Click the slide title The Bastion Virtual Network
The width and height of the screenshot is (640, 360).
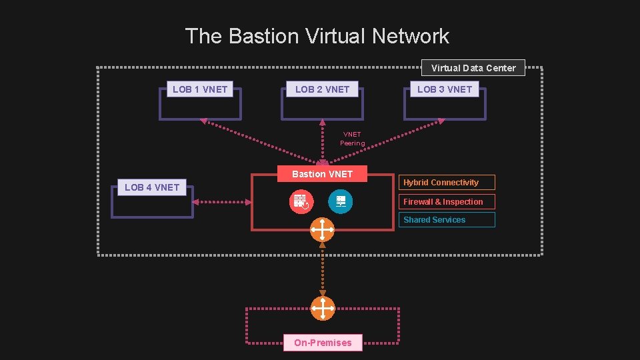click(x=317, y=36)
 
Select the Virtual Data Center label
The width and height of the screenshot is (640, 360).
click(x=473, y=68)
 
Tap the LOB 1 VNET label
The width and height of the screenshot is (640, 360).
click(x=200, y=89)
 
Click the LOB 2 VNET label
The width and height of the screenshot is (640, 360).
click(x=322, y=89)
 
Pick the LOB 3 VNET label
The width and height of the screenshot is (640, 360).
click(x=445, y=89)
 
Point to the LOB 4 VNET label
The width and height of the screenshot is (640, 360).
click(x=152, y=187)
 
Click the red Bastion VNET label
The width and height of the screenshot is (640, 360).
click(x=322, y=175)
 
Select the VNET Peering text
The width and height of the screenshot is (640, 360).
click(x=352, y=139)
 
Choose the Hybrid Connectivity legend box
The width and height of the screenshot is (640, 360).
click(x=448, y=183)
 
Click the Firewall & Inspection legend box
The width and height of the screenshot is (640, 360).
click(x=448, y=202)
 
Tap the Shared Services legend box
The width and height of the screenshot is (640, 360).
click(x=448, y=220)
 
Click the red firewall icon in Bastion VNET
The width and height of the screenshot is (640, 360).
click(x=301, y=201)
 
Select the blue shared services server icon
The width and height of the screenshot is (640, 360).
click(x=341, y=201)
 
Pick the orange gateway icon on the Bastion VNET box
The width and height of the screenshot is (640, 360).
click(x=323, y=230)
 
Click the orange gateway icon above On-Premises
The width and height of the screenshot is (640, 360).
click(x=323, y=309)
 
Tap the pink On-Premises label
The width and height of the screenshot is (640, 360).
click(x=323, y=343)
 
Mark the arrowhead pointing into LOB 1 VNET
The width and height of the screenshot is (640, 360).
click(x=205, y=122)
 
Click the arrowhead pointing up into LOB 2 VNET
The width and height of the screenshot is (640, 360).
click(x=323, y=122)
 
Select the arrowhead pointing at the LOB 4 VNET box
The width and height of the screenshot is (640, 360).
click(x=196, y=201)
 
